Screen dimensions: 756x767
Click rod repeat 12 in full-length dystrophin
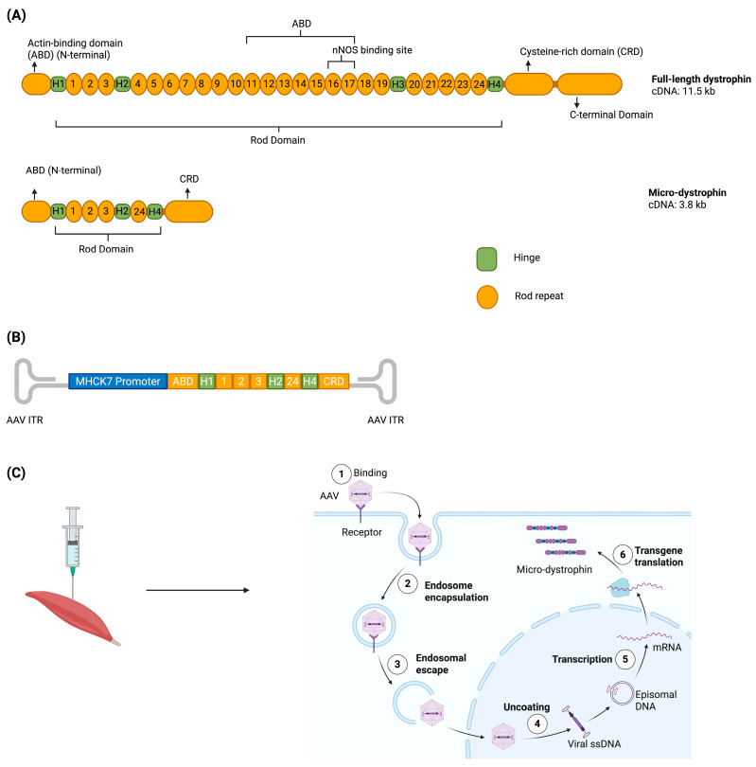click(x=269, y=83)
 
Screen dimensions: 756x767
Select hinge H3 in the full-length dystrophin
click(x=397, y=84)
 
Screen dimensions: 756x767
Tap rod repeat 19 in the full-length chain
click(x=381, y=83)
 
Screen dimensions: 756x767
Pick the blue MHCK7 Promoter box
click(x=117, y=381)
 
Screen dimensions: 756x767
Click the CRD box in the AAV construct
click(x=334, y=381)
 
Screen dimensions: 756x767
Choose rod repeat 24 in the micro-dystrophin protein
click(x=139, y=211)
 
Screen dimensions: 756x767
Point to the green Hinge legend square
click(x=486, y=259)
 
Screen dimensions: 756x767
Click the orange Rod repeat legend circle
click(x=487, y=297)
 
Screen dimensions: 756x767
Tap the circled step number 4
click(x=537, y=724)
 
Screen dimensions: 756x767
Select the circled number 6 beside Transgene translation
click(x=623, y=555)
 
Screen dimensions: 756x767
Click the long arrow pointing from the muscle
click(x=198, y=591)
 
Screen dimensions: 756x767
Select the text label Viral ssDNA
click(x=594, y=744)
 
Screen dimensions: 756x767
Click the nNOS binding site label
click(x=372, y=50)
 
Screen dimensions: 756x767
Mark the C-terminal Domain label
click(x=611, y=115)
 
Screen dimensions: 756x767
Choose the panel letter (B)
click(x=16, y=337)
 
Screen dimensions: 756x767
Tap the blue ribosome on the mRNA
click(x=619, y=586)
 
